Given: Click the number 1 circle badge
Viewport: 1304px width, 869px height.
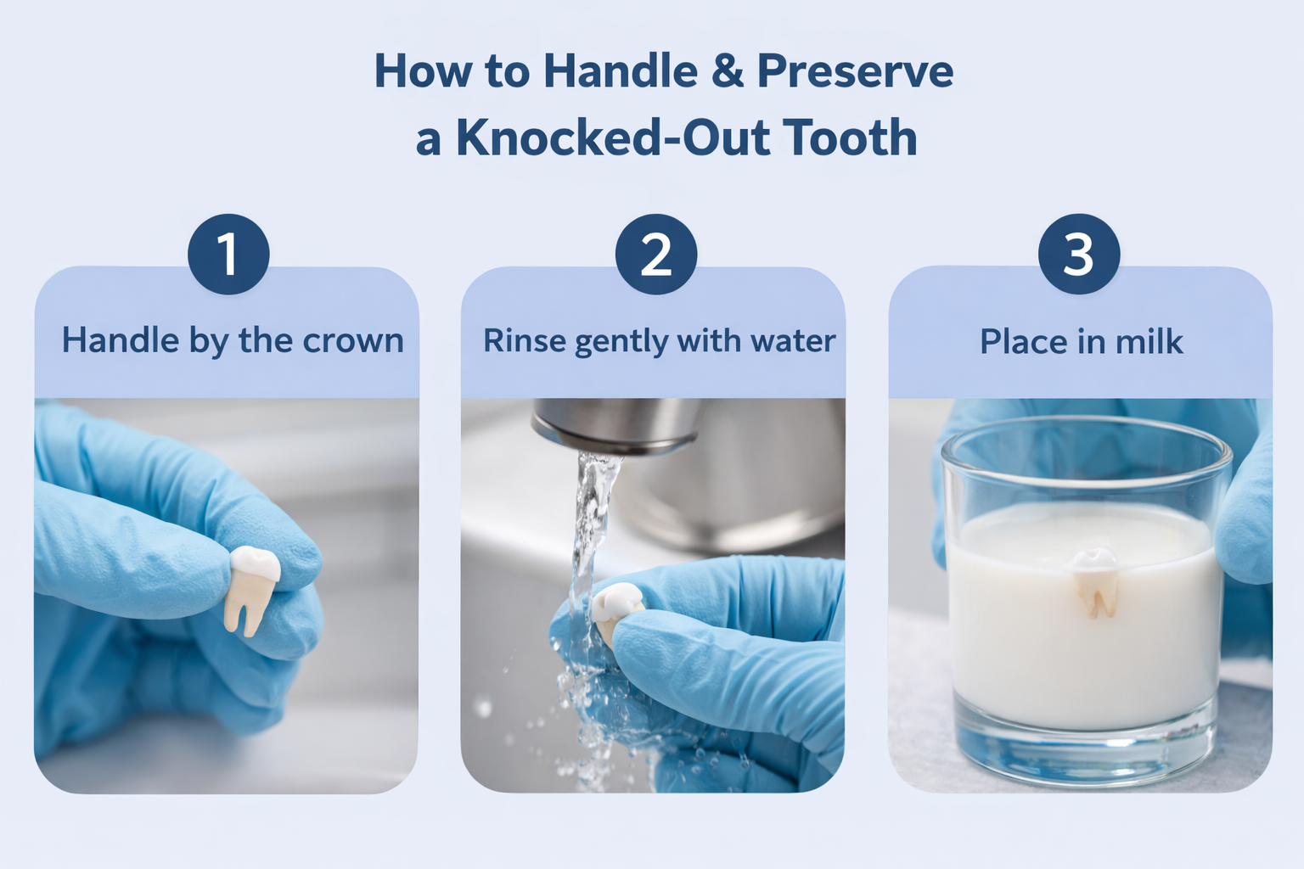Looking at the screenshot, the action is click(x=228, y=254).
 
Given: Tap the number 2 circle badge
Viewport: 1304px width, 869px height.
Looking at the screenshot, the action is click(x=656, y=254).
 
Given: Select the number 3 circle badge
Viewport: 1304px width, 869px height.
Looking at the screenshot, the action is click(x=1079, y=254).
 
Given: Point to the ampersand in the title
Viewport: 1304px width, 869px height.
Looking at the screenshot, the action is click(x=728, y=71).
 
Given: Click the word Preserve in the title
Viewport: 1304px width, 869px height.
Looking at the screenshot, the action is click(x=856, y=71).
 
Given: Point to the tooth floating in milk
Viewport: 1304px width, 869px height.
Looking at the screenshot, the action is click(x=1095, y=583).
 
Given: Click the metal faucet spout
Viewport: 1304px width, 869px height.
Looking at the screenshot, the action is click(x=618, y=425).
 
